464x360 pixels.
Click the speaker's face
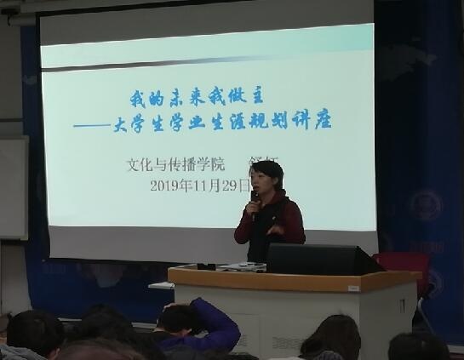(x=266, y=181)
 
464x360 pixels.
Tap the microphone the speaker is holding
(x=255, y=197)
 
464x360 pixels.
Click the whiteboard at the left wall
(x=12, y=187)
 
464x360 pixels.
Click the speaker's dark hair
(x=267, y=167)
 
